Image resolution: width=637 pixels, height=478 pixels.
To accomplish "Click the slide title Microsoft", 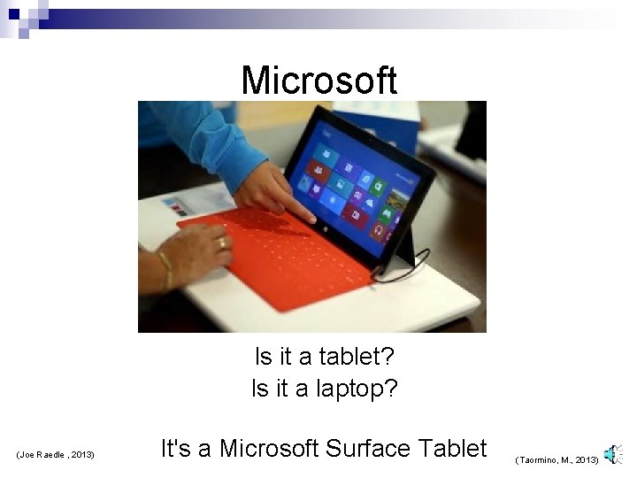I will (x=319, y=80).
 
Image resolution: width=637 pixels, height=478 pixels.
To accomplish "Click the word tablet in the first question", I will (x=359, y=357).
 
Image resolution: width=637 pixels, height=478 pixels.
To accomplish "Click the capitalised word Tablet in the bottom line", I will (x=452, y=448).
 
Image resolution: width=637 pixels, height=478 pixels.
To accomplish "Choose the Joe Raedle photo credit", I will (x=55, y=455).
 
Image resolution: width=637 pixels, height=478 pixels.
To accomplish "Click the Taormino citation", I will (x=556, y=460).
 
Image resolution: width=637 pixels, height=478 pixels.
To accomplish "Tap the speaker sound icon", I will (x=611, y=455).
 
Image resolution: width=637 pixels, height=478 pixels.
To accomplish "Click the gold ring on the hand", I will (x=222, y=242).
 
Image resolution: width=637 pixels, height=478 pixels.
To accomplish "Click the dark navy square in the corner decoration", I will (x=13, y=13).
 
